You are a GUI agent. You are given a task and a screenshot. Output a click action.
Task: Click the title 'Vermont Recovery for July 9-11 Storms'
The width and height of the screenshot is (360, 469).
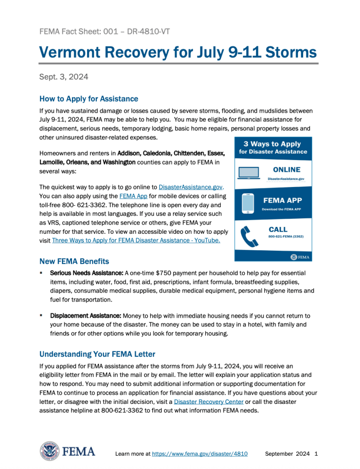pos(178,52)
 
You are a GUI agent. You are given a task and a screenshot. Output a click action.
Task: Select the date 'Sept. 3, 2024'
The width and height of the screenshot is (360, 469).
pos(64,77)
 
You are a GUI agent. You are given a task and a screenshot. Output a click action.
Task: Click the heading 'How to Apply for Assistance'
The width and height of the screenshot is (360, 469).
pos(89,99)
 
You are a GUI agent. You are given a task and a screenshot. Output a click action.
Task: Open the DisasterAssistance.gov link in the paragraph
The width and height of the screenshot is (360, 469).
pos(190,187)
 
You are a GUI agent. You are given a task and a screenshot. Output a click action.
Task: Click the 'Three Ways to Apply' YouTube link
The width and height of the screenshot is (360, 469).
pos(136,240)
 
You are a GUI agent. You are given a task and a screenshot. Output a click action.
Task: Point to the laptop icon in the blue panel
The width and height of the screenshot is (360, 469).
pos(249,173)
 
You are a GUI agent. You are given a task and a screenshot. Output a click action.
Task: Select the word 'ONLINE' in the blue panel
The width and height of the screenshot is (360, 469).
pos(287,170)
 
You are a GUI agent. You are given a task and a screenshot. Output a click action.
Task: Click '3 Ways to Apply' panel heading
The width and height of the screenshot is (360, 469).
pos(272,144)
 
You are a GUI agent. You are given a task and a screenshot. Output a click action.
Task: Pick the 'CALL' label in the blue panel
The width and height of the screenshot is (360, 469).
pos(278,229)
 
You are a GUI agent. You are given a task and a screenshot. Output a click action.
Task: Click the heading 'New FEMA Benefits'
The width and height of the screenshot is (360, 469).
pos(74,261)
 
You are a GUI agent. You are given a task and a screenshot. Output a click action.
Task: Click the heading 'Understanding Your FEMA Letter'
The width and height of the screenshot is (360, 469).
pos(97,354)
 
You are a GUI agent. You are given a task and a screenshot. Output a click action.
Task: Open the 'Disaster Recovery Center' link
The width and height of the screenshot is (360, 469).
pos(209,402)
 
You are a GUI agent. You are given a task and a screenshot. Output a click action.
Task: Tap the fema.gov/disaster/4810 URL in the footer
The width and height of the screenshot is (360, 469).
pos(199,453)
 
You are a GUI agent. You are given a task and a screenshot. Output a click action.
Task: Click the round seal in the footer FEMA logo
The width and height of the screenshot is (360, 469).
pos(49,451)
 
